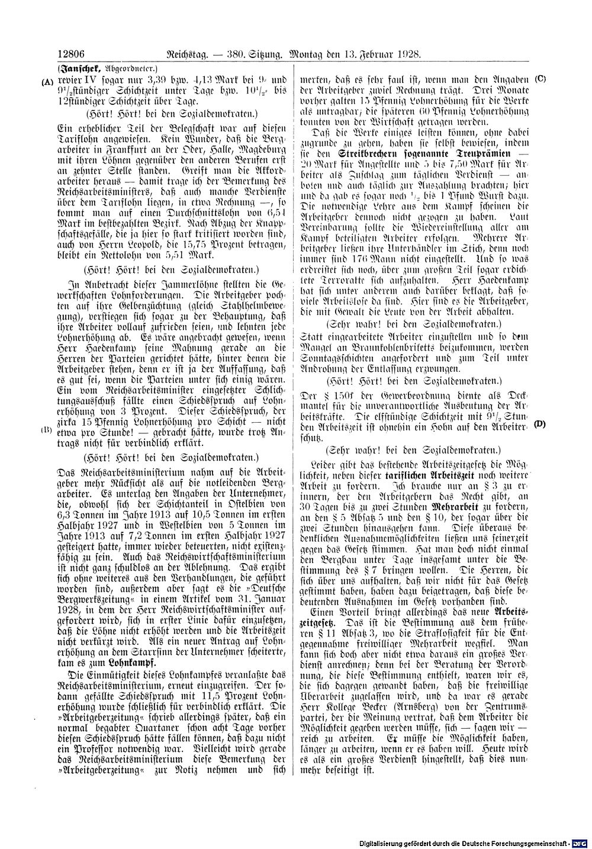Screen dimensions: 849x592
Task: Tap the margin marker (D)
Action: pos(539,424)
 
